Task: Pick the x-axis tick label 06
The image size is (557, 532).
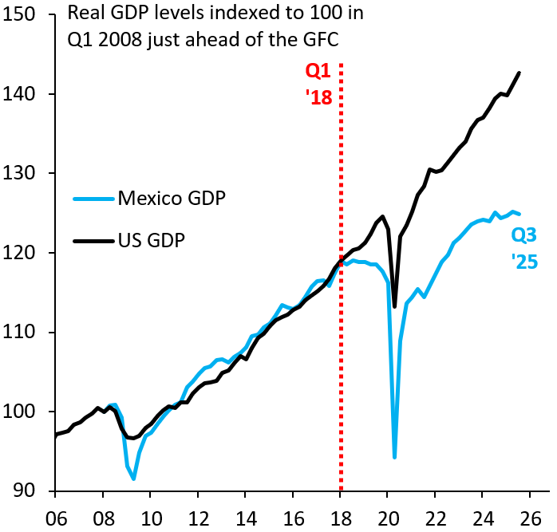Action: [x=55, y=514]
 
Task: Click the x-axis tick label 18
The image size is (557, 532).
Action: [x=341, y=514]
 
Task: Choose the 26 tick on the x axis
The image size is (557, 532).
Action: [x=531, y=514]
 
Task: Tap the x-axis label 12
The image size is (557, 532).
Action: [x=198, y=514]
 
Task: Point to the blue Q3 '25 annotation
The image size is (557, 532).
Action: [x=523, y=247]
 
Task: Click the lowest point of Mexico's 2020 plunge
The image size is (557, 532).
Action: [x=394, y=457]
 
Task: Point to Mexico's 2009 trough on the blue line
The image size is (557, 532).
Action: [x=134, y=479]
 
